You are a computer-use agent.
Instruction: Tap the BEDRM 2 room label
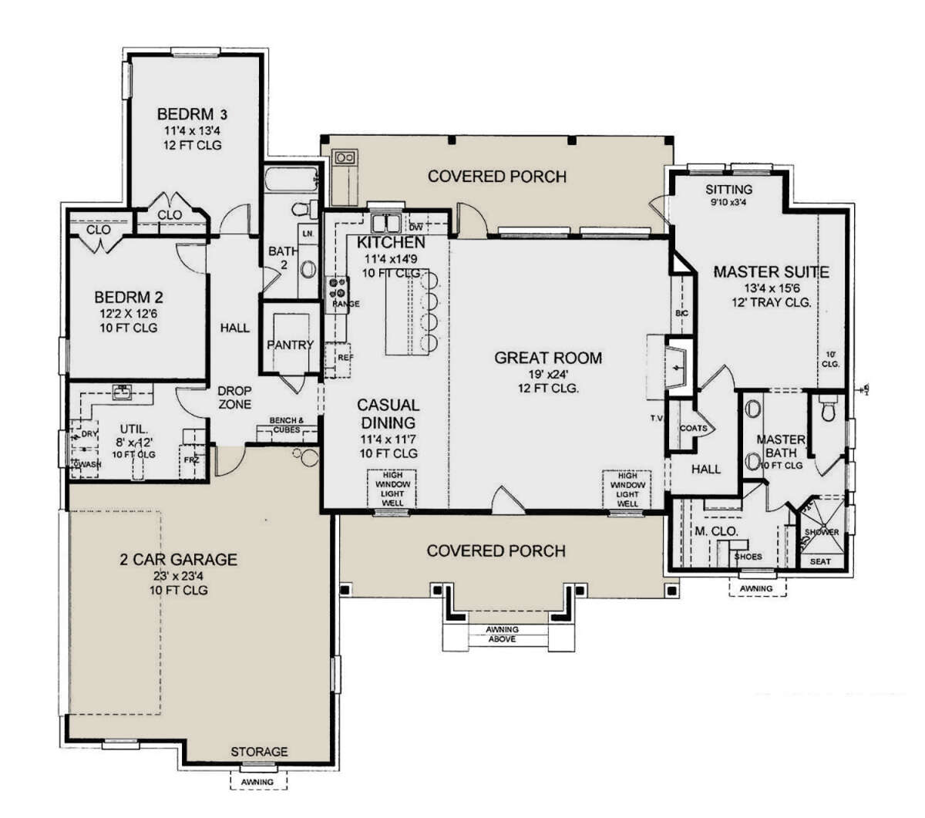point(128,297)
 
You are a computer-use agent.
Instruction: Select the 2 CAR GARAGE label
point(178,559)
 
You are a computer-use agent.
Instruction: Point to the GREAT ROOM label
point(548,358)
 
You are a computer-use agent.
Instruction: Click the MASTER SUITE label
point(771,271)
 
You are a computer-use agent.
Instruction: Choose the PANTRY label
point(290,345)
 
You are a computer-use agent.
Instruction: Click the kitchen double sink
point(385,224)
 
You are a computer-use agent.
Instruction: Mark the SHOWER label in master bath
point(822,532)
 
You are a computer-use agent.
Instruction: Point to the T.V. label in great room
point(657,419)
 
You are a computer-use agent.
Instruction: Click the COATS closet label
point(693,429)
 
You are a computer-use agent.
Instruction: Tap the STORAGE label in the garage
point(259,751)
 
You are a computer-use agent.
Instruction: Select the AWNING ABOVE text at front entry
point(502,634)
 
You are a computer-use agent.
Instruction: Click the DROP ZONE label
point(234,398)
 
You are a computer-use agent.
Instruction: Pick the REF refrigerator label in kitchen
point(345,358)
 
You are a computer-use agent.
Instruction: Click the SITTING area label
point(728,190)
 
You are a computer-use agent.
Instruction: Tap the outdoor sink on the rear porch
point(344,157)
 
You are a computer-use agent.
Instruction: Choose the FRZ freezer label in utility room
point(191,459)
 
